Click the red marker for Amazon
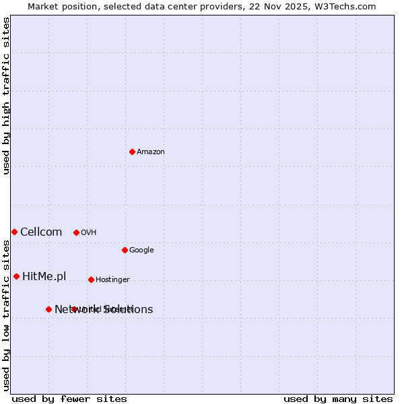tap(132, 151)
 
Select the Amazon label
tap(150, 152)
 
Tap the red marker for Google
tap(125, 250)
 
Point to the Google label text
tap(141, 250)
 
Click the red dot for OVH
tap(76, 232)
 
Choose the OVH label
tap(88, 233)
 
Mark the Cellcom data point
tap(14, 232)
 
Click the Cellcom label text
tap(41, 232)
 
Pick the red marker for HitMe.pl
tap(16, 276)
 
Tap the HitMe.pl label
tap(44, 277)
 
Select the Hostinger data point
tap(91, 279)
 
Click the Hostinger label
tap(112, 280)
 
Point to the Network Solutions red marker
tap(48, 309)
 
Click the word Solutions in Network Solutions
tap(129, 310)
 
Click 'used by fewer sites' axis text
tap(69, 399)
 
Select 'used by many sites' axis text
tap(338, 399)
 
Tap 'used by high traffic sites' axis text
tap(7, 96)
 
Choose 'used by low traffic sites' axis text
tap(7, 315)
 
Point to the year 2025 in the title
tap(300, 6)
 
